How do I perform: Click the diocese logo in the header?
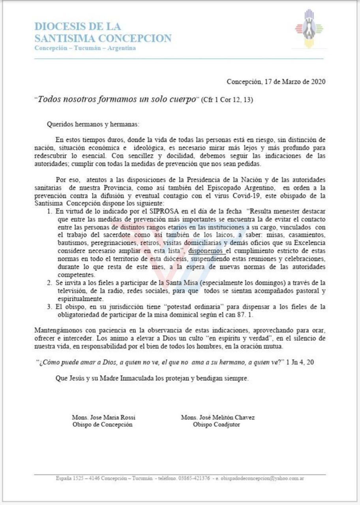(x=309, y=28)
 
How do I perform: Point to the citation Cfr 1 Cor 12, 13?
(x=227, y=99)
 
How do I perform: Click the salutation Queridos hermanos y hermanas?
(x=93, y=124)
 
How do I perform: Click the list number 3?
(x=49, y=307)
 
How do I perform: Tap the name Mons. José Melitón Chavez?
(x=218, y=417)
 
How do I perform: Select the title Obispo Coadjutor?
(x=216, y=425)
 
